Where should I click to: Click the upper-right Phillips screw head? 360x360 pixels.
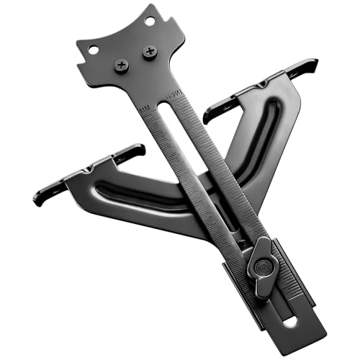(x=150, y=52)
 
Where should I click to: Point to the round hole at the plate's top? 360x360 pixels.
(x=149, y=22)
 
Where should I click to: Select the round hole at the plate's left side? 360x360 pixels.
(x=92, y=51)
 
